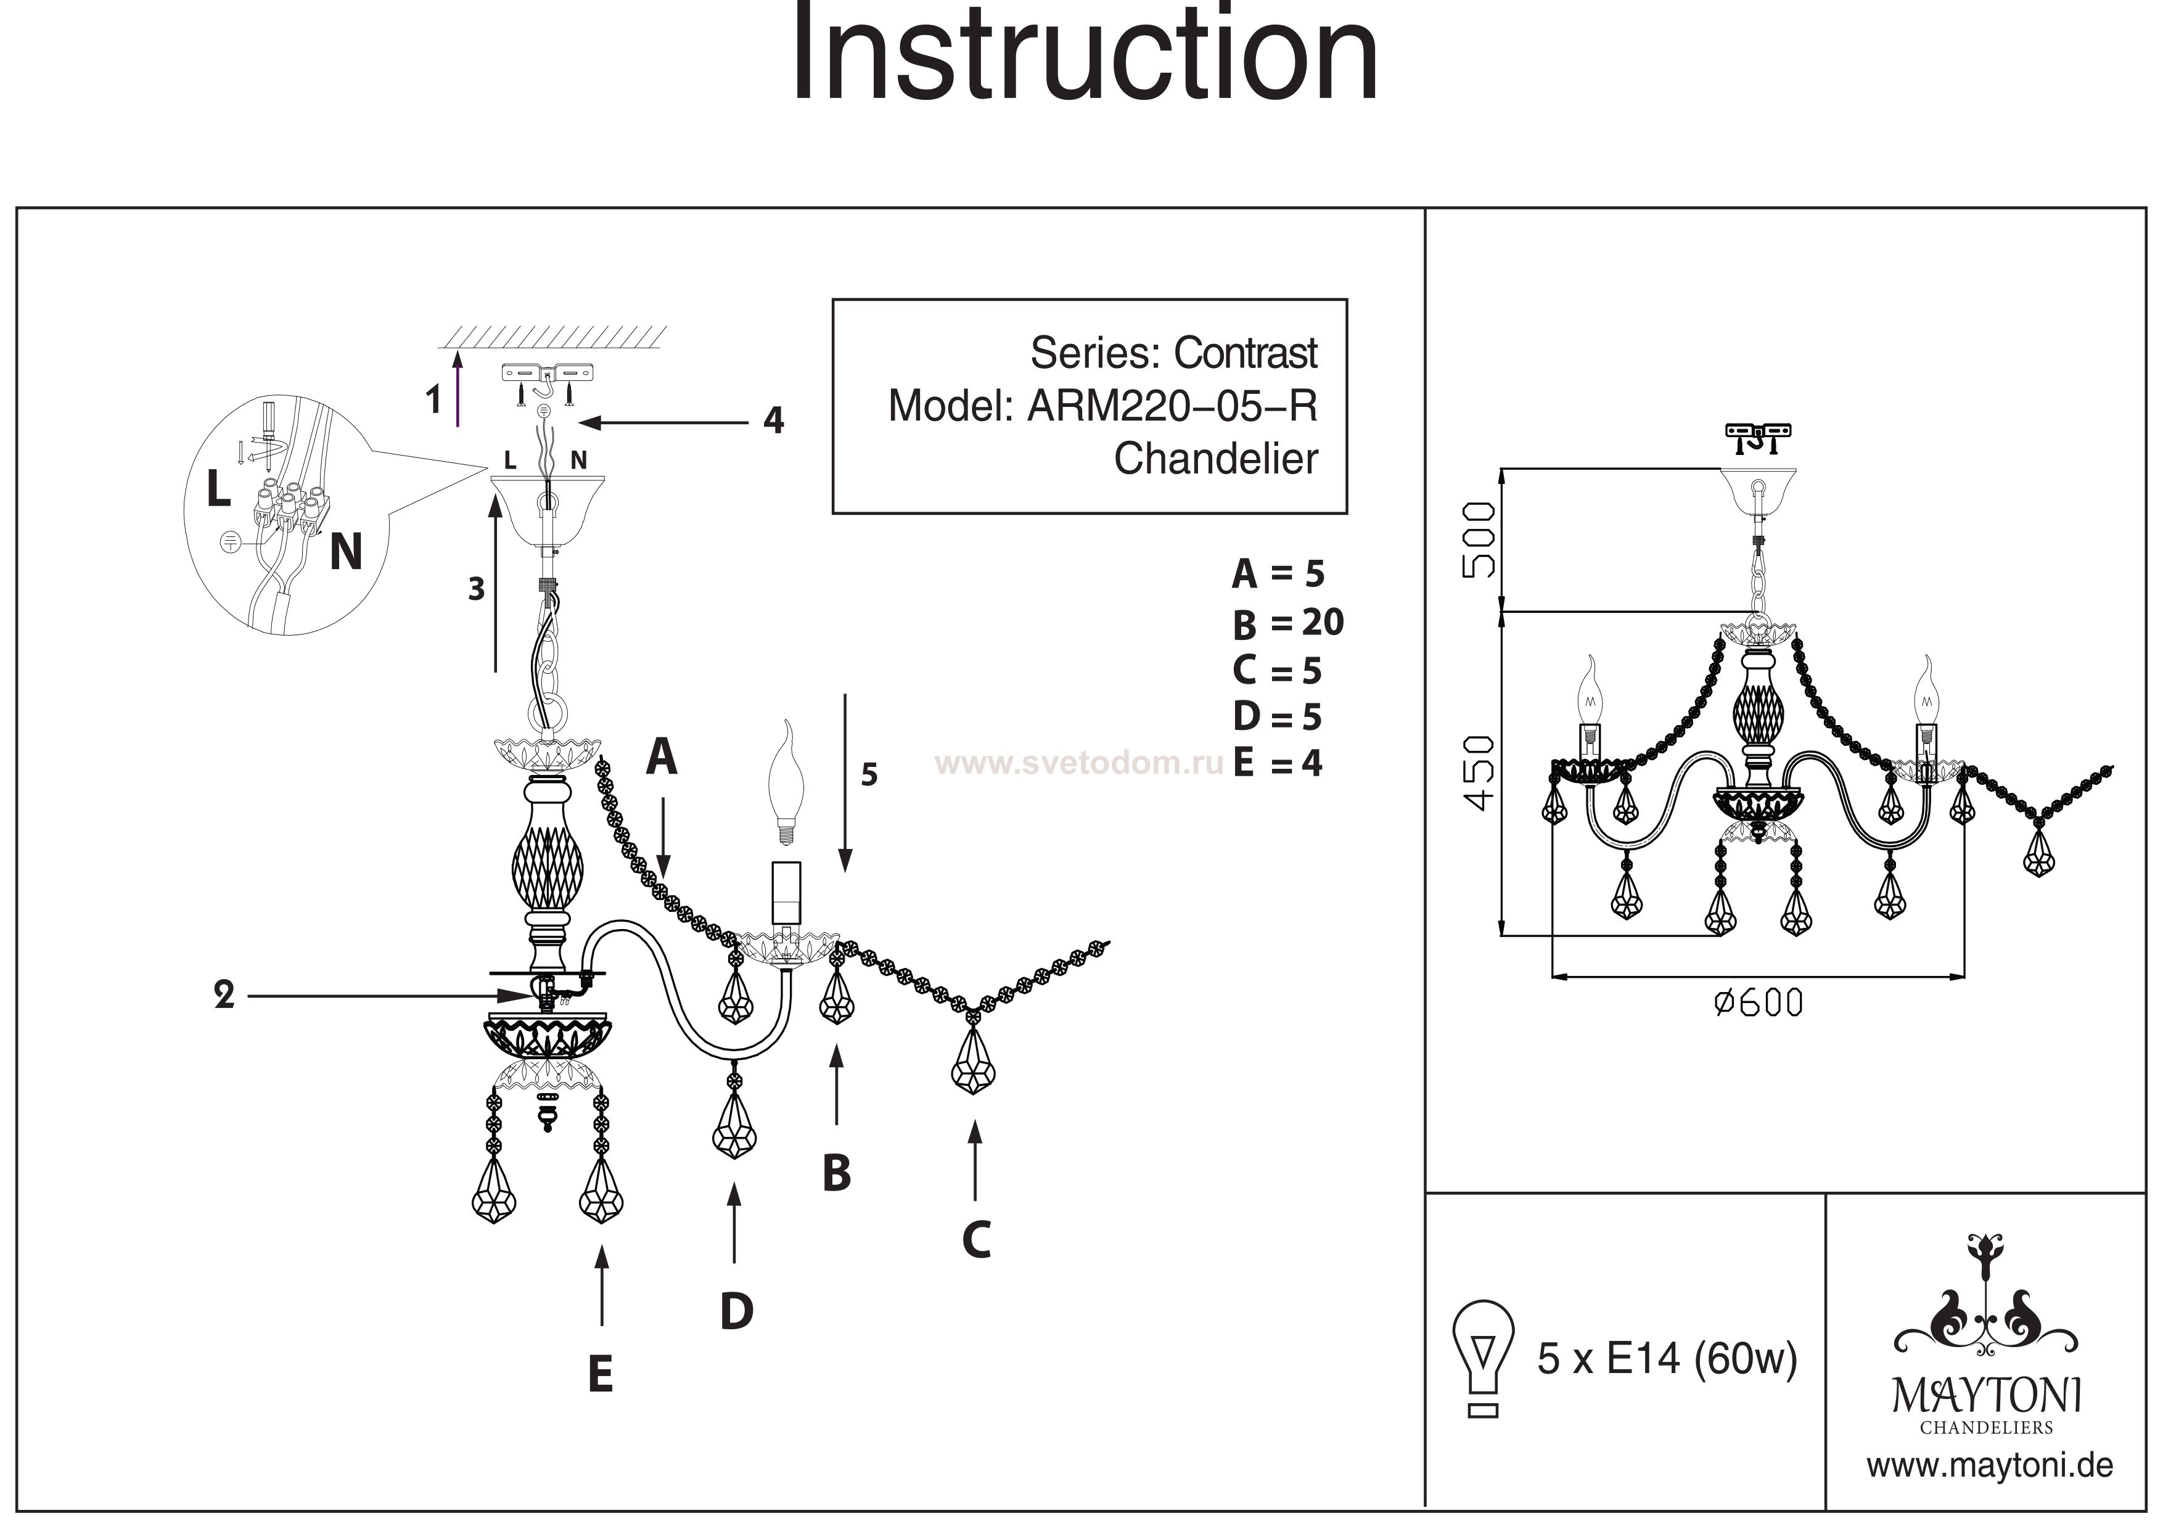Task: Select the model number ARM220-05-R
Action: tap(1172, 406)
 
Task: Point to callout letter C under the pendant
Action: tap(977, 1240)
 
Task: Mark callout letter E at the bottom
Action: tap(600, 1374)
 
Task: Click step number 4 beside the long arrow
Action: tap(773, 421)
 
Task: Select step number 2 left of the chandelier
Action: tap(224, 996)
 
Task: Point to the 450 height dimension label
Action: tap(1480, 773)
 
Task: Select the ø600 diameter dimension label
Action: tap(1758, 1003)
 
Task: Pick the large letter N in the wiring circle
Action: tap(346, 552)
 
